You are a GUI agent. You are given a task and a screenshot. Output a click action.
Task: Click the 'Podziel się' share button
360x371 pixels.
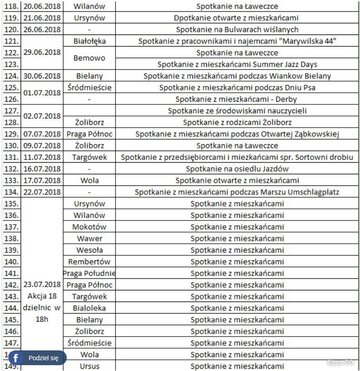[38, 356]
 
